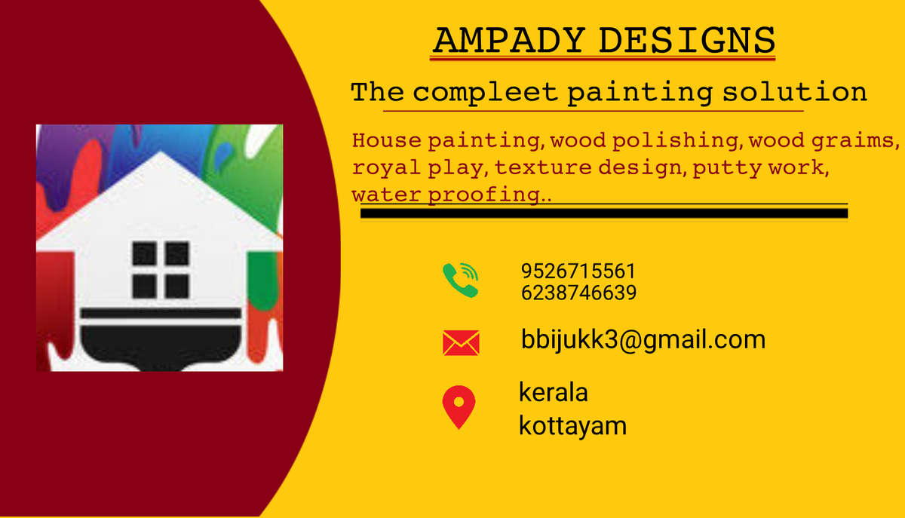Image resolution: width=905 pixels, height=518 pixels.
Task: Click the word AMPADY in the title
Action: click(510, 40)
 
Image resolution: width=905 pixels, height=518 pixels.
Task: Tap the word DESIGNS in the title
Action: click(687, 40)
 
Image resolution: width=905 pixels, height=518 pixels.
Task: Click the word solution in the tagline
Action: click(795, 92)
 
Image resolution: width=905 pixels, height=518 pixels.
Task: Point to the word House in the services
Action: click(387, 140)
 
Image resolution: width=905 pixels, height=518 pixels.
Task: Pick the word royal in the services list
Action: click(386, 168)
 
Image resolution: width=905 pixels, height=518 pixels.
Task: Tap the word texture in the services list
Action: click(543, 167)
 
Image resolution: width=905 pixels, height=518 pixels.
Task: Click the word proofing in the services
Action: click(484, 195)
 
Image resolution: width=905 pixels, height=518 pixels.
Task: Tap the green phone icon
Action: click(461, 280)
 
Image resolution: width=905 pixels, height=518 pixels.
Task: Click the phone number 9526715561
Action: click(578, 271)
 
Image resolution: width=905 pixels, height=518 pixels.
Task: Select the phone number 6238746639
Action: click(578, 293)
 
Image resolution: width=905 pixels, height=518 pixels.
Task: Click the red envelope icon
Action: click(461, 343)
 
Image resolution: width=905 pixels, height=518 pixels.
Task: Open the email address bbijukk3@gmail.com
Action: click(643, 340)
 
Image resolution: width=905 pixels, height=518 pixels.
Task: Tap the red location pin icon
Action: click(459, 407)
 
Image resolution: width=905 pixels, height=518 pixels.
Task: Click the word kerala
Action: click(553, 392)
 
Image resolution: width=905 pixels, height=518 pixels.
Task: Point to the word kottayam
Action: click(572, 426)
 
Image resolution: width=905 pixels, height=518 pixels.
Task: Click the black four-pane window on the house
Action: click(161, 270)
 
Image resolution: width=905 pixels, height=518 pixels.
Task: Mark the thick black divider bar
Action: click(604, 213)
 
